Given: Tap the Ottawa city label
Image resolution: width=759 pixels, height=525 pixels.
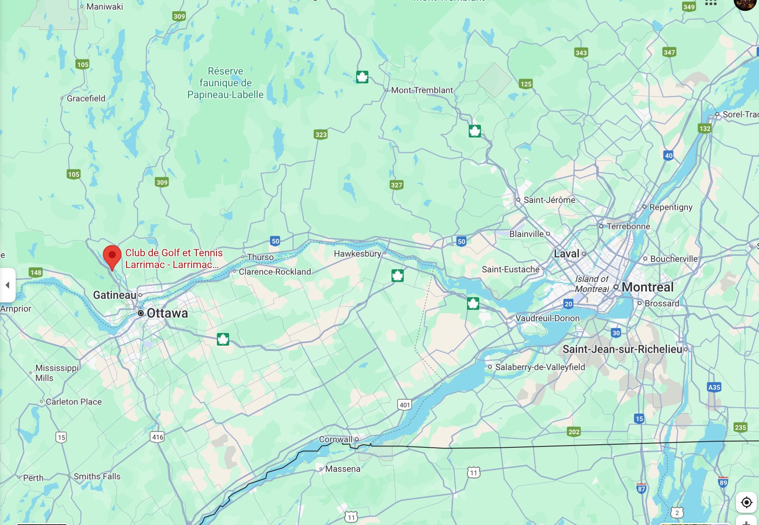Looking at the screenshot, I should [x=167, y=313].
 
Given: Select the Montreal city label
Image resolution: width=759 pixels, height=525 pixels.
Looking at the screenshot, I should [x=647, y=287].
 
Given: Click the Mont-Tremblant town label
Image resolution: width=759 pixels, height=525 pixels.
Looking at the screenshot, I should [x=422, y=90].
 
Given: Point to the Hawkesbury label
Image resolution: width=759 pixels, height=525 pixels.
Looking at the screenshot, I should [x=357, y=254].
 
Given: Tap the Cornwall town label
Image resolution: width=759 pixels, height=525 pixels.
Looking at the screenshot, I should [x=336, y=439].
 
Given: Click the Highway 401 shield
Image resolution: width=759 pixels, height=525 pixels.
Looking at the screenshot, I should [x=405, y=405].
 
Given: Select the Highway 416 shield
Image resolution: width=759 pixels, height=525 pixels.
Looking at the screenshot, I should [x=158, y=437].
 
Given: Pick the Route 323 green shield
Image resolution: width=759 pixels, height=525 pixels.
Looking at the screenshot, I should [x=321, y=134].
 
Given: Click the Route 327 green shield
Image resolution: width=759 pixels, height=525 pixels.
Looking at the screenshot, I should [x=396, y=185].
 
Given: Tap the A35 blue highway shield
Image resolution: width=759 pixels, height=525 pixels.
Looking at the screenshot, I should [x=714, y=387].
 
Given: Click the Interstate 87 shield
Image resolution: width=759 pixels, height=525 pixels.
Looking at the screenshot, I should [x=641, y=488].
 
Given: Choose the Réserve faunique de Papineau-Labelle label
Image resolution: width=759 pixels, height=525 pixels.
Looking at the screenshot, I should [x=225, y=83].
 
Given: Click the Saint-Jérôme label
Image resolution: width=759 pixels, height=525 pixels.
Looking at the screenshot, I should [x=549, y=200].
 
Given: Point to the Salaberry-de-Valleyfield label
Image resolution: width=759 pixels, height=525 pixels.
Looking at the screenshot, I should [x=540, y=367].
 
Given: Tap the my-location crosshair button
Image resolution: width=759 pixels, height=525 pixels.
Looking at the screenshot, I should [x=746, y=502].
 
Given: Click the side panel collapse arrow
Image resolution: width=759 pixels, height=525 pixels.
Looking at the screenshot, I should [x=7, y=285].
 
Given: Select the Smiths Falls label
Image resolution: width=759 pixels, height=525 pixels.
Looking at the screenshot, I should [x=97, y=476].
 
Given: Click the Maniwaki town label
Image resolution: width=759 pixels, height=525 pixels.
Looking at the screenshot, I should [x=105, y=7].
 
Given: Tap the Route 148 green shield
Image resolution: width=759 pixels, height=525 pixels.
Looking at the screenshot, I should [x=36, y=273].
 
